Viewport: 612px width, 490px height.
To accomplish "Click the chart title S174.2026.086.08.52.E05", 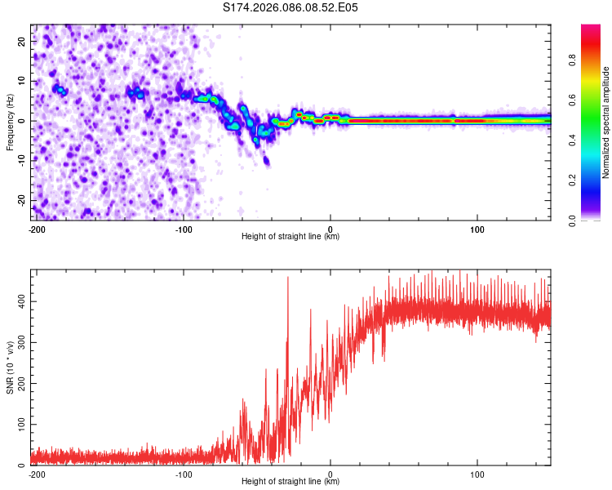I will pos(290,7).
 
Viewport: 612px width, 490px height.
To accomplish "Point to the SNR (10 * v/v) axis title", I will pos(10,367).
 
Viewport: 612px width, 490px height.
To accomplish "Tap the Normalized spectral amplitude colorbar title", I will pos(605,122).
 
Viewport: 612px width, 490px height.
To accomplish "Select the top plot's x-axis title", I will pos(290,236).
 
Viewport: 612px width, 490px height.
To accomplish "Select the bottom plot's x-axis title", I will pos(290,481).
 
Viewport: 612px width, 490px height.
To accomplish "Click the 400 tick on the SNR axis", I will pos(20,302).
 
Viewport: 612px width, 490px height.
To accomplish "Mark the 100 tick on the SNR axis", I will pos(20,425).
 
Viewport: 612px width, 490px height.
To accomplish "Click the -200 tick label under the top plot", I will pos(36,229).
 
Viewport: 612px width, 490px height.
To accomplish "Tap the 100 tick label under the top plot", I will pos(478,229).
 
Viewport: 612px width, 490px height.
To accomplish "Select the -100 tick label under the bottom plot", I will pos(183,474).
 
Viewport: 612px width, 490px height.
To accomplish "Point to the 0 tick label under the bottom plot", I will pos(330,474).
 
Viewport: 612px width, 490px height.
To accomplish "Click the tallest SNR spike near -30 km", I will pos(288,278).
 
